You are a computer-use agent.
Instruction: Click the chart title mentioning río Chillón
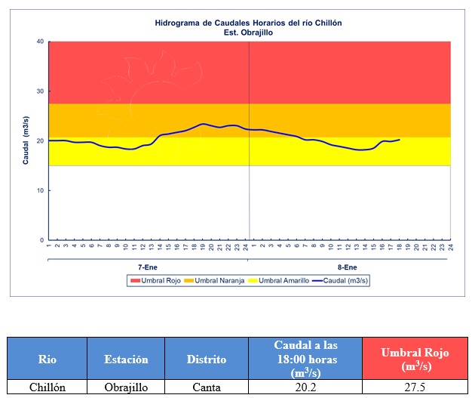pos(248,23)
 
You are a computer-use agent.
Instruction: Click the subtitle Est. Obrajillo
pos(248,32)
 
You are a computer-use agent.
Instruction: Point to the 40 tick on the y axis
pos(41,42)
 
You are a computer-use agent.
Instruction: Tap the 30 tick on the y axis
pos(41,91)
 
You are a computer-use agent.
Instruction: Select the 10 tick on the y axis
pos(41,190)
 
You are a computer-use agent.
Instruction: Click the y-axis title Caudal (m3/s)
pos(26,141)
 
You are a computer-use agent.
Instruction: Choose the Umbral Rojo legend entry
pos(159,280)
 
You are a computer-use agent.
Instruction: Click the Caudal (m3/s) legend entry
pos(343,280)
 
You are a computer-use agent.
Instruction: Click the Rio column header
pos(47,359)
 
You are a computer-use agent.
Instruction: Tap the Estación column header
pos(126,359)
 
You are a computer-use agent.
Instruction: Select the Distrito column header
pos(206,359)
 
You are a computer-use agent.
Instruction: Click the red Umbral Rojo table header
pos(414,358)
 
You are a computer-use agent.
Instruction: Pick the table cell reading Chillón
pos(47,387)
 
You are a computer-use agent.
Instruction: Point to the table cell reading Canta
pos(206,387)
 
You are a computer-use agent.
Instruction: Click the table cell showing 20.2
pos(305,387)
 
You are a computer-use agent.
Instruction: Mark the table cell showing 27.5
pos(414,387)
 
